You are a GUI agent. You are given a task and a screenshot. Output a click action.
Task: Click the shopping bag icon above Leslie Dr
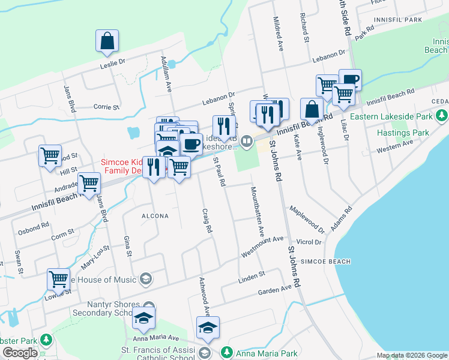click(106, 41)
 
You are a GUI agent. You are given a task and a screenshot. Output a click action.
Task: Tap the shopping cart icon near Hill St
click(50, 156)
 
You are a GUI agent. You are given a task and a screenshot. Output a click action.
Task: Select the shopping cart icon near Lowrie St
click(58, 278)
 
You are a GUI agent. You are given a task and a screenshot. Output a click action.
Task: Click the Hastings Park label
click(403, 132)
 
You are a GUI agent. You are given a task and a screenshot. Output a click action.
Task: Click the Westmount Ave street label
click(262, 247)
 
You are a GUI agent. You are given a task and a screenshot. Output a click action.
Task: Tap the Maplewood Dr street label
click(307, 220)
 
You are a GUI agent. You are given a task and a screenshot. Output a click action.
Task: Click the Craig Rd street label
click(208, 221)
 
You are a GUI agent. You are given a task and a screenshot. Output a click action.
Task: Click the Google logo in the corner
click(20, 353)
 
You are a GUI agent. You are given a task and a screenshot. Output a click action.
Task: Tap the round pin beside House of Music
click(145, 278)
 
